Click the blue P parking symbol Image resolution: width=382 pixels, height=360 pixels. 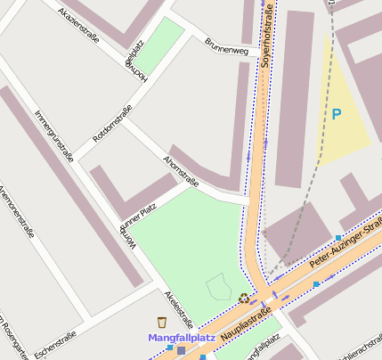pyautogui.click(x=336, y=114)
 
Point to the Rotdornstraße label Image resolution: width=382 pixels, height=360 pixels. pyautogui.click(x=112, y=124)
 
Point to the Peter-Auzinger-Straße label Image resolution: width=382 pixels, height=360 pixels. pyautogui.click(x=343, y=249)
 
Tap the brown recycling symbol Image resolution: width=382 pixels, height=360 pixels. pyautogui.click(x=244, y=299)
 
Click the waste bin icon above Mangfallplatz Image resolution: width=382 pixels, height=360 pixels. pyautogui.click(x=161, y=322)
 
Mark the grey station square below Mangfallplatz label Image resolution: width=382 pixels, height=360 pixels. pyautogui.click(x=182, y=351)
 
